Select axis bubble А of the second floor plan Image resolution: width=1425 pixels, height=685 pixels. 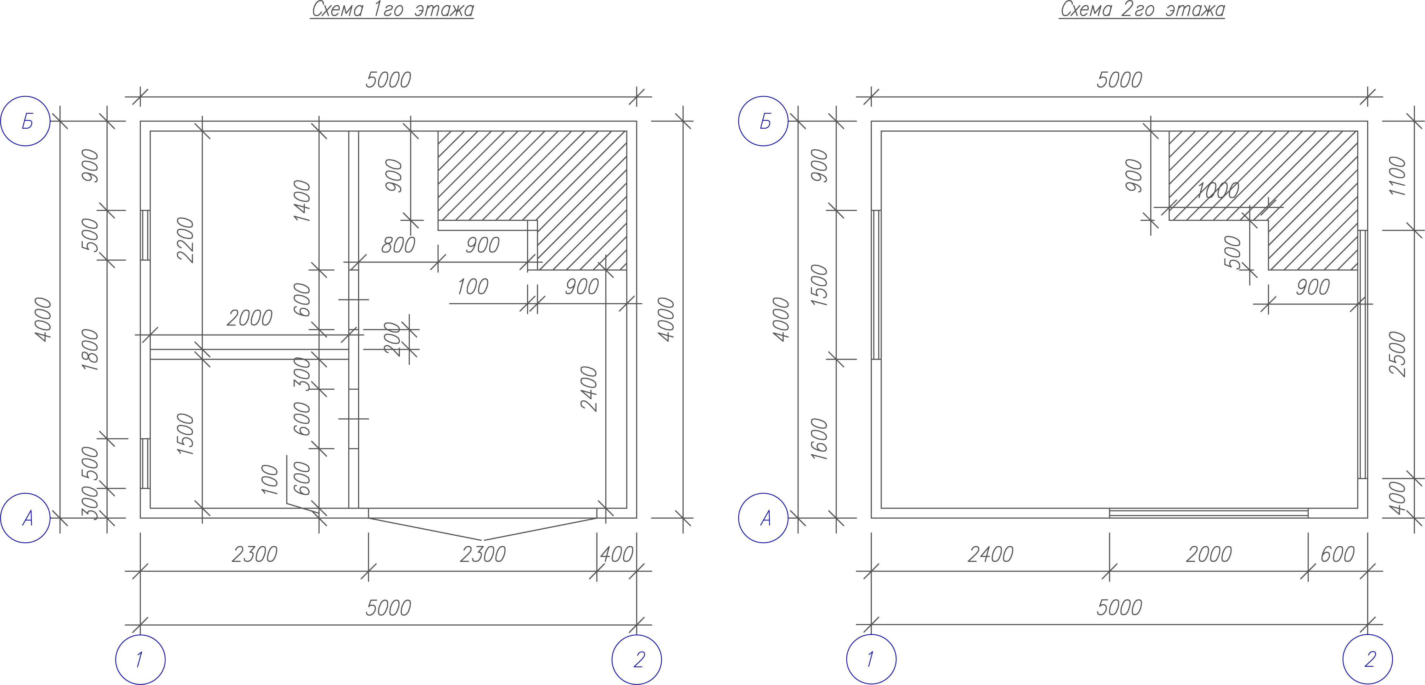763,518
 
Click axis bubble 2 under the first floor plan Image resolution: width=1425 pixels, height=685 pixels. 637,660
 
